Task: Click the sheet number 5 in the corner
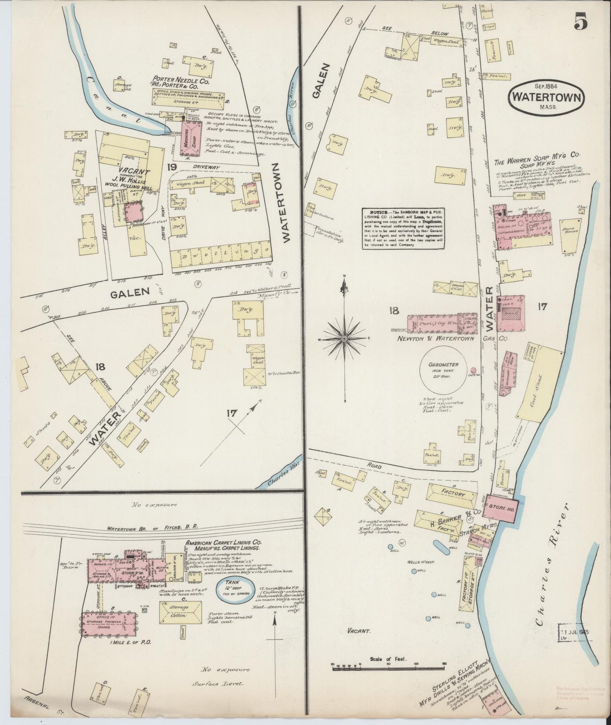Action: click(581, 22)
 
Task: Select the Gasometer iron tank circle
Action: click(442, 372)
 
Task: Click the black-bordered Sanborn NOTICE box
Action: click(403, 228)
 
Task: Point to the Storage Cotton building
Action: click(180, 611)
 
